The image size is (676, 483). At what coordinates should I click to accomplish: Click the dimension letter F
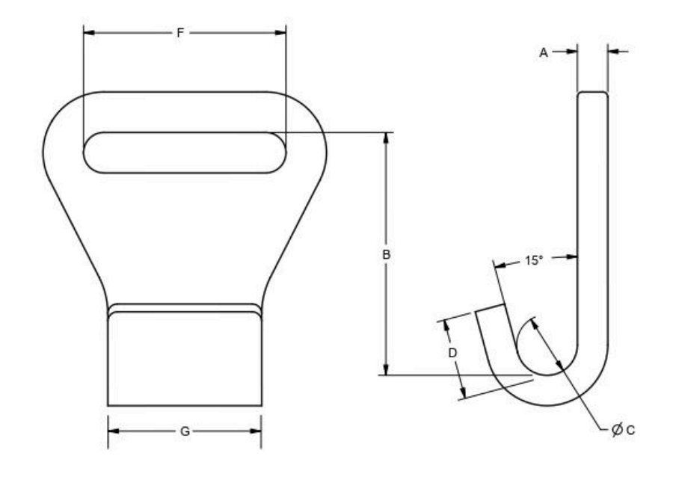(180, 33)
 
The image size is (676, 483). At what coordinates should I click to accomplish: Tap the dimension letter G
(184, 431)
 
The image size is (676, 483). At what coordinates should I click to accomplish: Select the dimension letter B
(387, 255)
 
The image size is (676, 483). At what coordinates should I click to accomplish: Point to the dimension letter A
(544, 52)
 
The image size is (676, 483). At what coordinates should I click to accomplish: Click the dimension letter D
(452, 353)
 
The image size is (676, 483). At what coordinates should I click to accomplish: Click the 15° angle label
(533, 261)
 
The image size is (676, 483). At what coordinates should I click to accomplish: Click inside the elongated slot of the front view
(184, 153)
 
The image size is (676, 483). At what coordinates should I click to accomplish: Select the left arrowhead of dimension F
(87, 33)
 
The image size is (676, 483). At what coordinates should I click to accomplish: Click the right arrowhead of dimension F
(281, 33)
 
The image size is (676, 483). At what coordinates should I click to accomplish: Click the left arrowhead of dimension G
(113, 431)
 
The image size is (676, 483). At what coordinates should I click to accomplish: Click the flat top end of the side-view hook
(592, 93)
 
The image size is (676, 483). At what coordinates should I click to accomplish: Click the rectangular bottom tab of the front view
(184, 359)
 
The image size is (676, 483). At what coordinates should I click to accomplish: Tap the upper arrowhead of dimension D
(446, 324)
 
